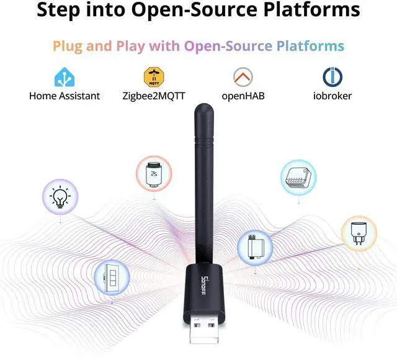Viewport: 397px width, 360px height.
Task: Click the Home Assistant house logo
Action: [64, 77]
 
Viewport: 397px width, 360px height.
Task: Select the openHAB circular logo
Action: [243, 77]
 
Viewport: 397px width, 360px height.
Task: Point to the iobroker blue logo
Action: [332, 77]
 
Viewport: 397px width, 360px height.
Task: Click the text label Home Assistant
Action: [64, 96]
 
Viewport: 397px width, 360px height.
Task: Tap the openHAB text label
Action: [243, 96]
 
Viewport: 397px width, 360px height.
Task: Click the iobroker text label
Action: [332, 96]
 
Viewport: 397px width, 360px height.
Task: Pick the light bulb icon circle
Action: [60, 197]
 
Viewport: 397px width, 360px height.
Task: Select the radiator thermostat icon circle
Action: [152, 173]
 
